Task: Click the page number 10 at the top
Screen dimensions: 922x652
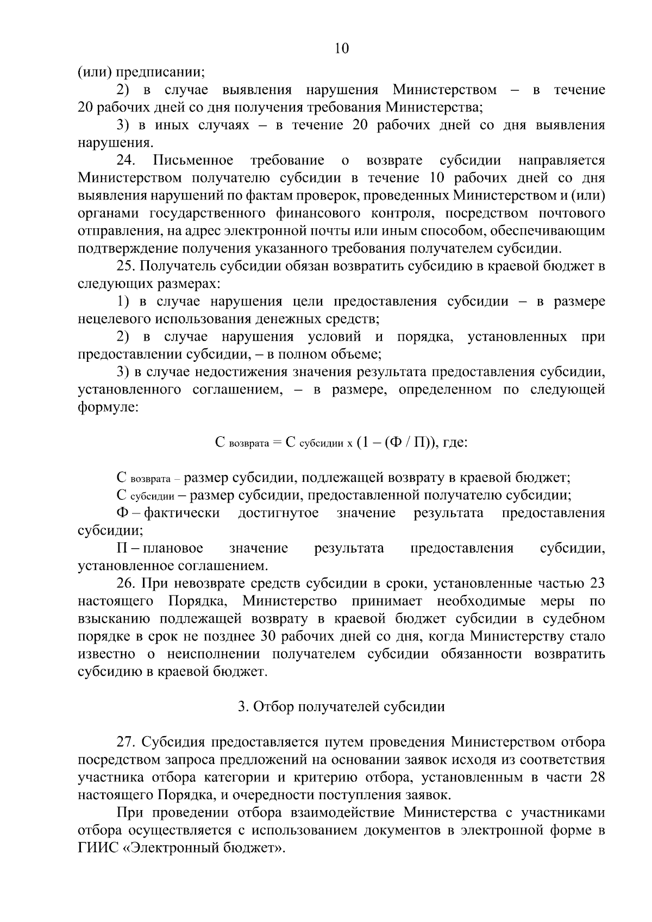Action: coord(342,48)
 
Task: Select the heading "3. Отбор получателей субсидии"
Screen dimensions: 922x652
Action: coord(341,706)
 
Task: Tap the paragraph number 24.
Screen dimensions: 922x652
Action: coord(129,160)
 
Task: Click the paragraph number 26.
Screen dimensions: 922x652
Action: coord(127,584)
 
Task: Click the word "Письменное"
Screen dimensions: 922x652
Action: coord(193,160)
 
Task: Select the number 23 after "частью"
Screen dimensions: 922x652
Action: coord(597,584)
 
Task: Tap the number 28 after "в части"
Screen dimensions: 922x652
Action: coord(597,777)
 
